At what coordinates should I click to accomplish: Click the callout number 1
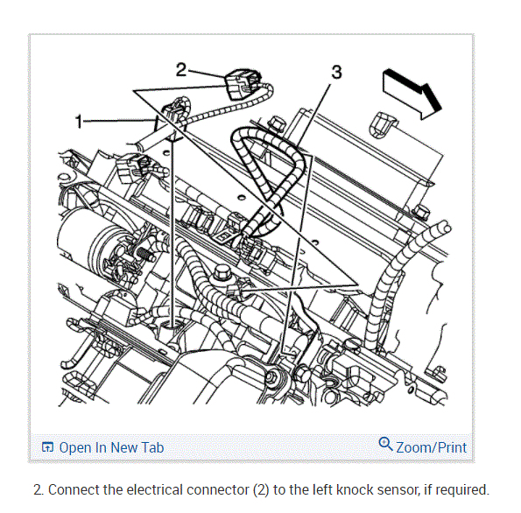tap(79, 122)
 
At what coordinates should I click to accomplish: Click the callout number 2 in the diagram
tap(181, 70)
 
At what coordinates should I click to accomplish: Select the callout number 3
tap(336, 72)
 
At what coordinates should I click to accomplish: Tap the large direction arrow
tap(412, 94)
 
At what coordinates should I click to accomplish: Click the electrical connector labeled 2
tap(242, 84)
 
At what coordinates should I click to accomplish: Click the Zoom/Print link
tap(432, 447)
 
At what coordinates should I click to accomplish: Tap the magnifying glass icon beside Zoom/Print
tap(385, 444)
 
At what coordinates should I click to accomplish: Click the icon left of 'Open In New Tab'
tap(47, 447)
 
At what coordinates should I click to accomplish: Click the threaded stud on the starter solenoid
tap(145, 254)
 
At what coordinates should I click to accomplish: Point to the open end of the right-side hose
tap(444, 228)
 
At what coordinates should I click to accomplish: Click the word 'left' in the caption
tap(323, 489)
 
